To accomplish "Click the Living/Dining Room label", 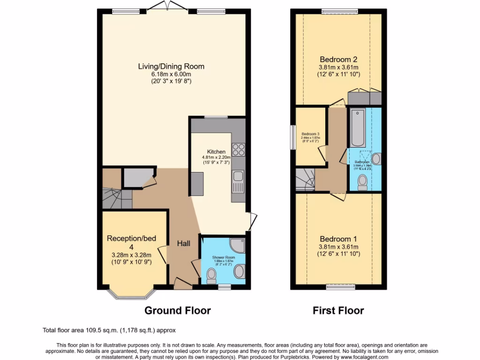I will click(x=171, y=67).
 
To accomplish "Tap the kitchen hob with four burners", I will click(x=238, y=149).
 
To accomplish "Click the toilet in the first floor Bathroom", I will click(x=362, y=182).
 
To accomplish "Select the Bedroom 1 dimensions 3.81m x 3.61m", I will click(x=338, y=247).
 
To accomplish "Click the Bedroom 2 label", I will click(x=338, y=60).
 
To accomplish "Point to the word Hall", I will click(x=183, y=244).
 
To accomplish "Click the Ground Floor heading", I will click(x=177, y=310).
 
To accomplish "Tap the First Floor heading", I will click(x=338, y=310).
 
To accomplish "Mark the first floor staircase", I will click(x=305, y=180).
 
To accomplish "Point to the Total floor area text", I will click(x=110, y=330).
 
